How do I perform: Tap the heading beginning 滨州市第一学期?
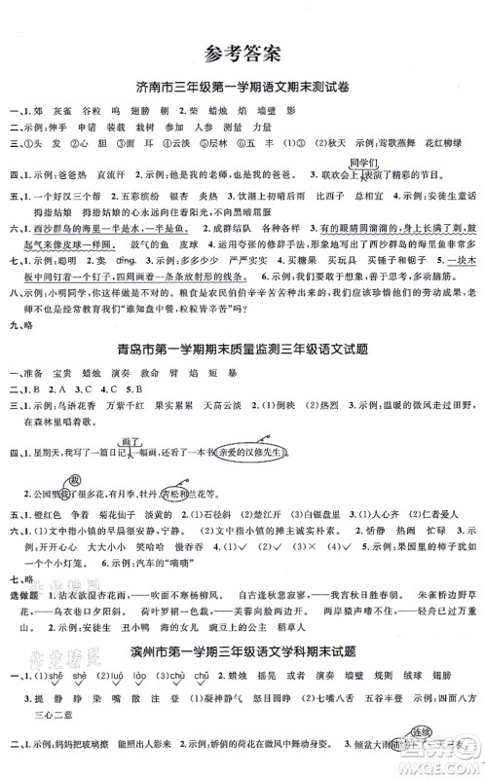(x=242, y=650)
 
